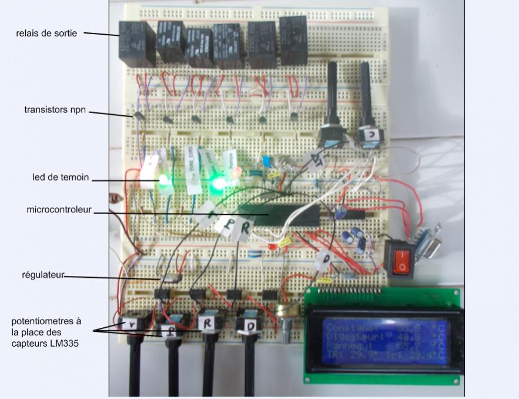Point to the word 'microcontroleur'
click(x=59, y=210)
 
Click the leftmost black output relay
click(x=136, y=42)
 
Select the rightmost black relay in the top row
click(x=293, y=40)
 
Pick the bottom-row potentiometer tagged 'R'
click(x=209, y=321)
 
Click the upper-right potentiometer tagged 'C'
click(x=370, y=135)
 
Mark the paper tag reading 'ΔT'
click(x=314, y=159)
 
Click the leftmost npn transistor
click(x=139, y=117)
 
